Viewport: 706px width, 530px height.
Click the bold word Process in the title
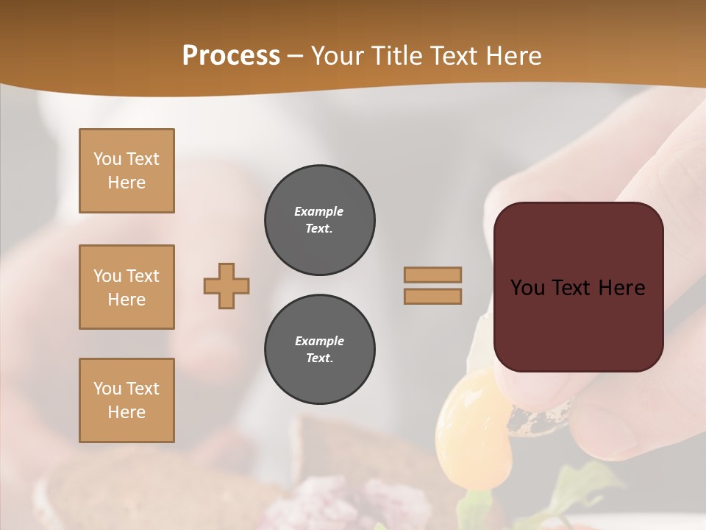tap(231, 56)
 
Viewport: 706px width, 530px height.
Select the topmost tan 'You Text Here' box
tap(126, 171)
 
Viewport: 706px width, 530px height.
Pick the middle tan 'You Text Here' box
tap(126, 287)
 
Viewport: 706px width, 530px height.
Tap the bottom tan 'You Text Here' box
tap(126, 400)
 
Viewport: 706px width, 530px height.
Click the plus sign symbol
tap(227, 286)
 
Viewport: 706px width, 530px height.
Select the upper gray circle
tap(319, 220)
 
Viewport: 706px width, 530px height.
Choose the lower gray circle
tap(319, 350)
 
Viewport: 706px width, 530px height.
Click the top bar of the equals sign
tap(432, 275)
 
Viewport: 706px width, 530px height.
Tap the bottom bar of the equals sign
tap(432, 296)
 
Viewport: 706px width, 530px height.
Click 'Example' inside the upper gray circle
tap(318, 211)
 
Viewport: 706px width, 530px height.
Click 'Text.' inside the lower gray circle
tap(319, 358)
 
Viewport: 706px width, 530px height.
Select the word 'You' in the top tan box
tap(106, 159)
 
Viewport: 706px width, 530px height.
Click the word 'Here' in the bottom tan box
tap(126, 412)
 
